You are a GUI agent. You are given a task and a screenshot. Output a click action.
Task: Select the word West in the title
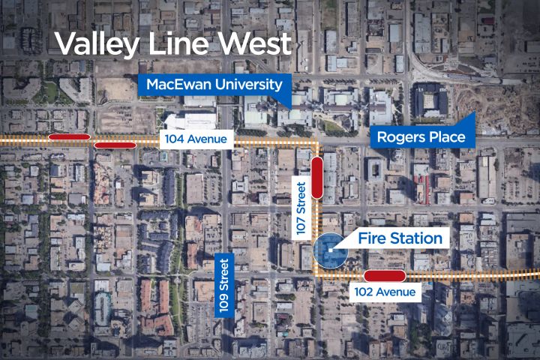[x=255, y=43]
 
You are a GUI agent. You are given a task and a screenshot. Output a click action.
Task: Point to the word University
[x=245, y=84]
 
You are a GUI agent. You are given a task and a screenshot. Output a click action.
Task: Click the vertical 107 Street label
[x=301, y=209]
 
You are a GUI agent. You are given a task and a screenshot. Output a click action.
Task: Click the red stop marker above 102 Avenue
[x=384, y=275]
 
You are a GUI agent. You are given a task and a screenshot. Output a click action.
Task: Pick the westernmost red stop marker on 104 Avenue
[x=70, y=137]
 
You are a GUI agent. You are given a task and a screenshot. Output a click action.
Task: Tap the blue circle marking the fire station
[x=329, y=248]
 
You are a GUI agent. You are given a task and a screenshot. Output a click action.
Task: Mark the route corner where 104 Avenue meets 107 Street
[x=316, y=142]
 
